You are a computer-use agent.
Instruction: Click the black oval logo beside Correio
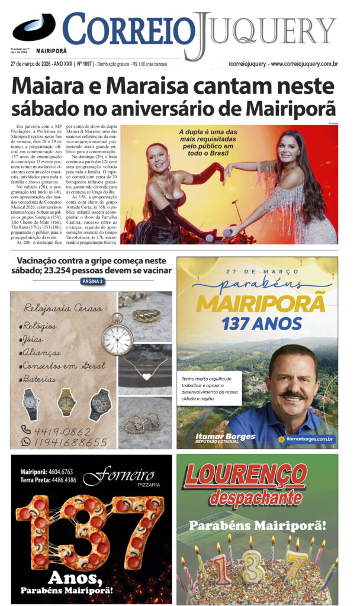point(34,27)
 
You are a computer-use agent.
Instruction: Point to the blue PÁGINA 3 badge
point(93,281)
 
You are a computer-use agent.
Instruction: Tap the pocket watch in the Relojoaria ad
point(117,338)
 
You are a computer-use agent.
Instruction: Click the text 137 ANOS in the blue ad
point(257,324)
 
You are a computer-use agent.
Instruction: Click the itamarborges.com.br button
point(307,440)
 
